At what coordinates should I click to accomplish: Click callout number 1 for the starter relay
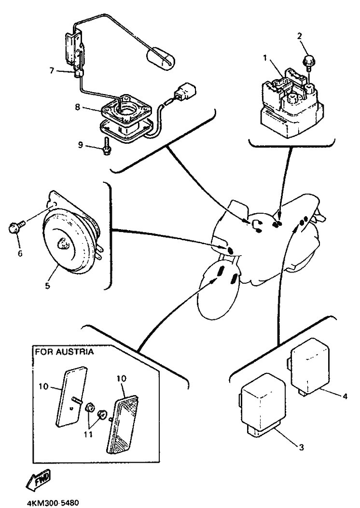tap(264, 57)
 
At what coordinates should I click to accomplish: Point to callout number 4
tap(345, 396)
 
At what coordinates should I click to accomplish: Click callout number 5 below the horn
tap(47, 286)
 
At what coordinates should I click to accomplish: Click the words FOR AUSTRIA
tap(64, 352)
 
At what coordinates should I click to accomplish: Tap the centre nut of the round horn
tap(63, 244)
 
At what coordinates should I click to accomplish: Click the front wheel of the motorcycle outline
tap(220, 294)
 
